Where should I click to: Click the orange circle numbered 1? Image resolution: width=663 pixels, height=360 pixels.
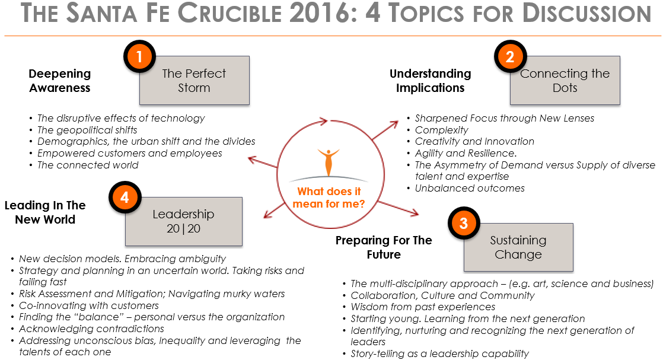pyautogui.click(x=139, y=56)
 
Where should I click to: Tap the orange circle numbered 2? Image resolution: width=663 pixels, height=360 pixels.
pyautogui.click(x=511, y=56)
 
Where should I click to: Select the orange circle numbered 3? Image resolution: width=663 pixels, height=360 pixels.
pyautogui.click(x=464, y=223)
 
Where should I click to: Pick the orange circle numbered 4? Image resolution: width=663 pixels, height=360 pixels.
pyautogui.click(x=125, y=197)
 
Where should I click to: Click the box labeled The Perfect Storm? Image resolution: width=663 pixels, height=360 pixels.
pyautogui.click(x=195, y=81)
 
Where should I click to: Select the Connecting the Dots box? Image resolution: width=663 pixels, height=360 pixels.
pyautogui.click(x=565, y=81)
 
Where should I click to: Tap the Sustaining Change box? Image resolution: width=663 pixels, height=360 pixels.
pyautogui.click(x=518, y=247)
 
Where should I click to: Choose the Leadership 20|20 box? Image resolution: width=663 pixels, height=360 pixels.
pyautogui.click(x=183, y=221)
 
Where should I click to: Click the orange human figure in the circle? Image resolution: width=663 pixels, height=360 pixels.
pyautogui.click(x=329, y=161)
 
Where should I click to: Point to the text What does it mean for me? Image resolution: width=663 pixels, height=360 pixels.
pyautogui.click(x=329, y=197)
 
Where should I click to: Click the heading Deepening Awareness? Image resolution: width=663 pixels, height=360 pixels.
pyautogui.click(x=60, y=81)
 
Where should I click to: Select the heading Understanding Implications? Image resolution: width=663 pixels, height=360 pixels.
pyautogui.click(x=430, y=81)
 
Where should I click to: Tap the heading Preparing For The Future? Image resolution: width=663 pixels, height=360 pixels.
pyautogui.click(x=384, y=247)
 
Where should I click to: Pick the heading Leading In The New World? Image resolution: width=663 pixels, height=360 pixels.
pyautogui.click(x=45, y=212)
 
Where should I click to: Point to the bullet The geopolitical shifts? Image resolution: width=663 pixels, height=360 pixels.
pyautogui.click(x=87, y=130)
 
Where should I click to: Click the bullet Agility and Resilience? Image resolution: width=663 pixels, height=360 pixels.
pyautogui.click(x=466, y=153)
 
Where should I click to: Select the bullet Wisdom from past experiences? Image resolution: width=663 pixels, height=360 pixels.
pyautogui.click(x=423, y=307)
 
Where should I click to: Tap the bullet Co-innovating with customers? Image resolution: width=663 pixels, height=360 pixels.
pyautogui.click(x=89, y=305)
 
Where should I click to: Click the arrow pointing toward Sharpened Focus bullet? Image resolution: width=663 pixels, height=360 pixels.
pyautogui.click(x=385, y=130)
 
